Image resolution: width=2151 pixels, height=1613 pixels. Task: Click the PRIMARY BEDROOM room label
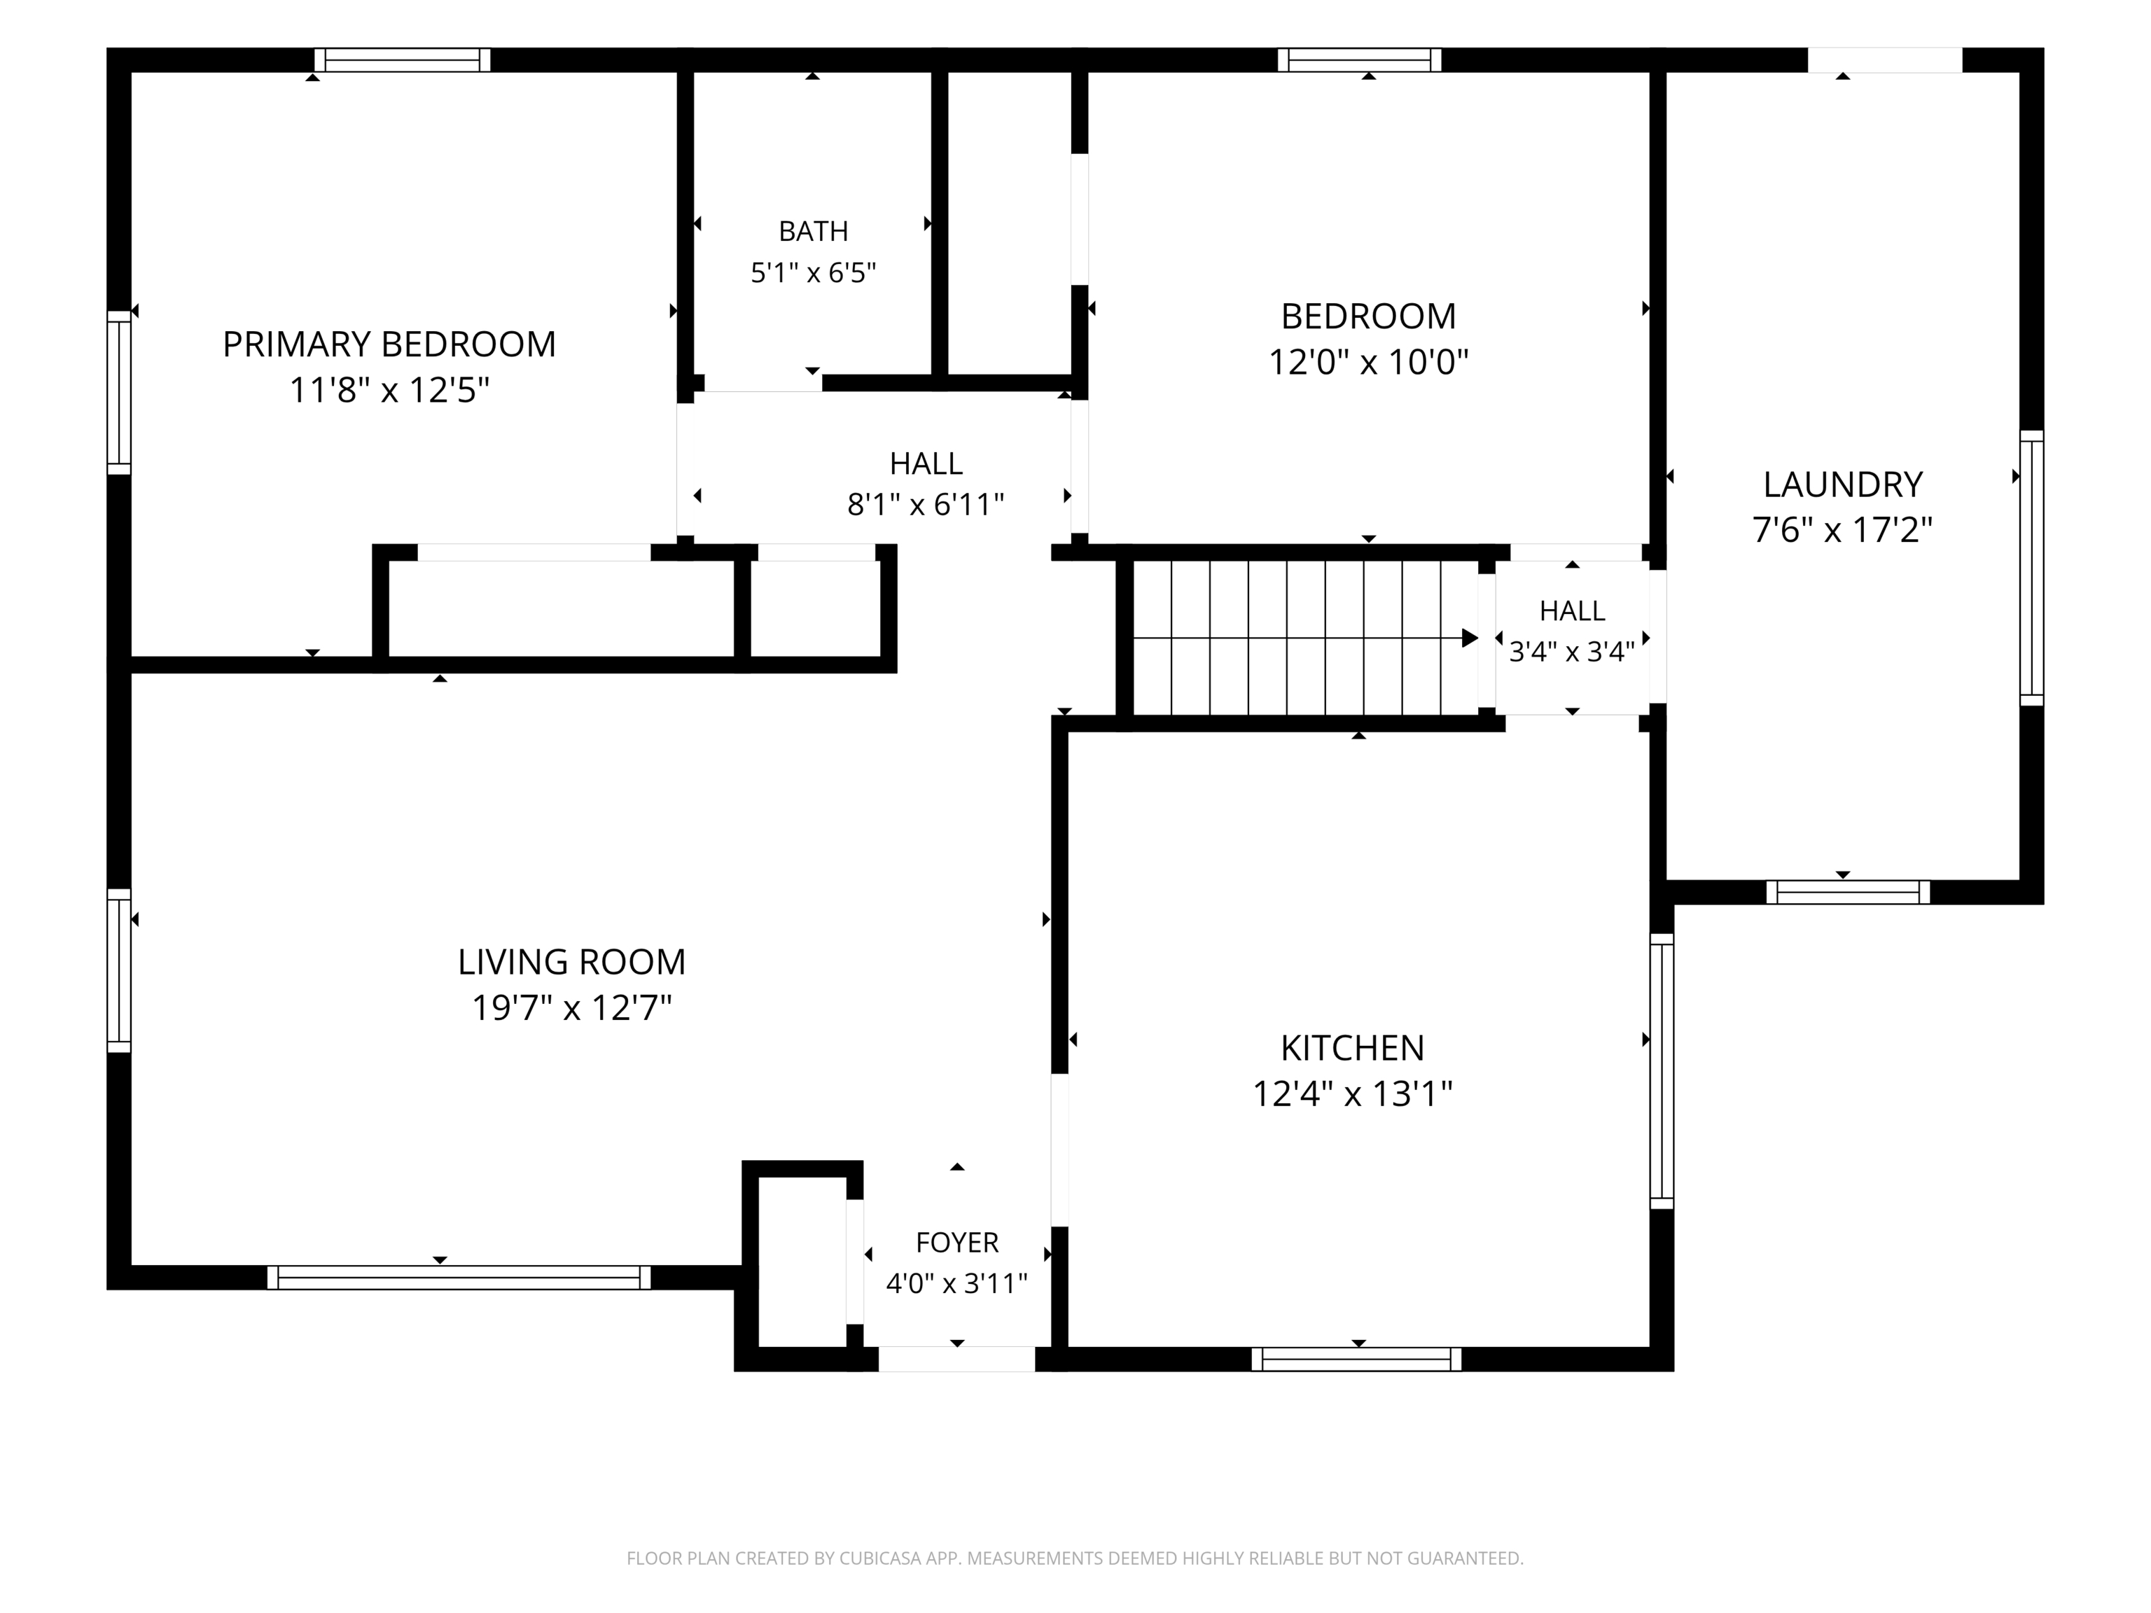click(389, 344)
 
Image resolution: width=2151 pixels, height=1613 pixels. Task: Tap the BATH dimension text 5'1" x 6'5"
click(813, 272)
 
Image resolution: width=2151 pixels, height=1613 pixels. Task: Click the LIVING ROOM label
click(572, 962)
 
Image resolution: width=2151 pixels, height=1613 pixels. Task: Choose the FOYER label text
click(957, 1243)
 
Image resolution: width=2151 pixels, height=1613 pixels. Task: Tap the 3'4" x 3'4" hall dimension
click(1571, 651)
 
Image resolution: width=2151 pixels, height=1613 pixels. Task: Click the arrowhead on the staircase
click(1470, 638)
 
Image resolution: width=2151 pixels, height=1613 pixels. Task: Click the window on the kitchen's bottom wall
click(1356, 1360)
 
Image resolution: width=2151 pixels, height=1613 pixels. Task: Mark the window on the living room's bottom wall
click(459, 1278)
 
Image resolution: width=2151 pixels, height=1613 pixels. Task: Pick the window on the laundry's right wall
click(2031, 568)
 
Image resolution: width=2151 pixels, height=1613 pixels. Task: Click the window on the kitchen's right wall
click(1662, 1071)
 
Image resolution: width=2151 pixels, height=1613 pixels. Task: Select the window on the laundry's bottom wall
click(1848, 892)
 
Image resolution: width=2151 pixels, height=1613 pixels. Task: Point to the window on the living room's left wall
click(118, 970)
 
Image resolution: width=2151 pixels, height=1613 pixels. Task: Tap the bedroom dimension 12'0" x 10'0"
click(1368, 363)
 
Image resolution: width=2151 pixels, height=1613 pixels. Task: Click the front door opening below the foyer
click(957, 1360)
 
